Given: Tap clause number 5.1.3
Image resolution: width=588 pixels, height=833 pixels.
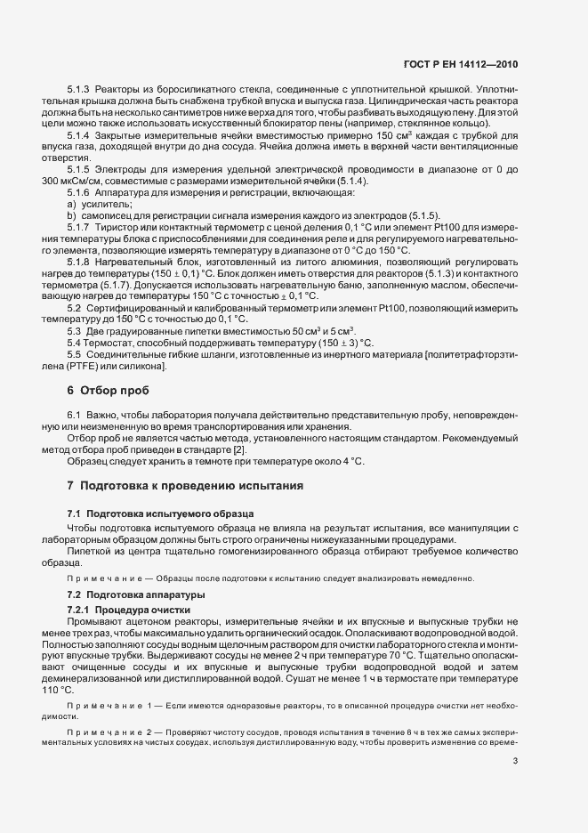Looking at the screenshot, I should tap(79, 91).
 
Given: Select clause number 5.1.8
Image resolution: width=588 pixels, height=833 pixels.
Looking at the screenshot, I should tap(79, 261).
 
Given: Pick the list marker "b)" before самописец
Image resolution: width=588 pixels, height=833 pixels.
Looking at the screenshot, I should tap(71, 216).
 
